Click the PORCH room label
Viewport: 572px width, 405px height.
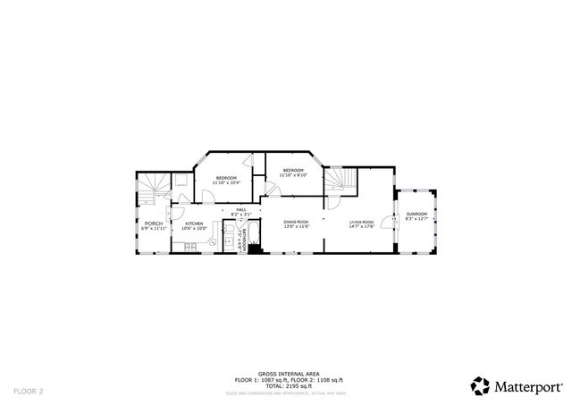[154, 224]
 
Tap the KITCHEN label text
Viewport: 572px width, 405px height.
[194, 224]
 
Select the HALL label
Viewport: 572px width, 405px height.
[240, 210]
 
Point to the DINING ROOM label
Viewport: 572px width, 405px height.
[296, 222]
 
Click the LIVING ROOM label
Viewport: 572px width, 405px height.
[362, 222]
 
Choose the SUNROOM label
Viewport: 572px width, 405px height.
[416, 214]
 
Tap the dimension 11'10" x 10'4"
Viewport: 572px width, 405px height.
[225, 182]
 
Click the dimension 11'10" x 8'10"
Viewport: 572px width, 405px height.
[293, 175]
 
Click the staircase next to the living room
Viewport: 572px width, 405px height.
[340, 182]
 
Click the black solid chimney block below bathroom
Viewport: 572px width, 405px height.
[255, 249]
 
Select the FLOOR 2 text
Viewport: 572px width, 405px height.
[28, 391]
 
